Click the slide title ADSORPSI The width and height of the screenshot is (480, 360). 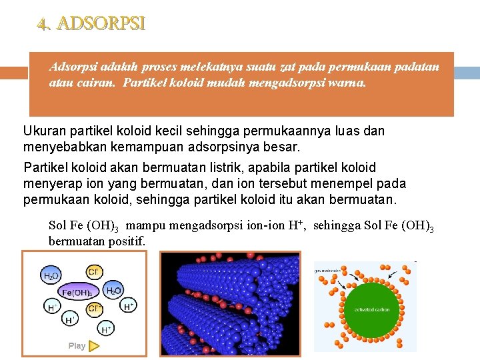[91, 24]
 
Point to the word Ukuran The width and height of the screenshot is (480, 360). [43, 131]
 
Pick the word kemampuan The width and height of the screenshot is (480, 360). [195, 146]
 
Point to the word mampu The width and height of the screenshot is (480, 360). [147, 225]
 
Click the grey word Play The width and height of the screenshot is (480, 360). [77, 346]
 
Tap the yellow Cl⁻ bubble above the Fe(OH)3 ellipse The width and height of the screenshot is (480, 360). [93, 271]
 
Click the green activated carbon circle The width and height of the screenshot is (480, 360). [372, 309]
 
